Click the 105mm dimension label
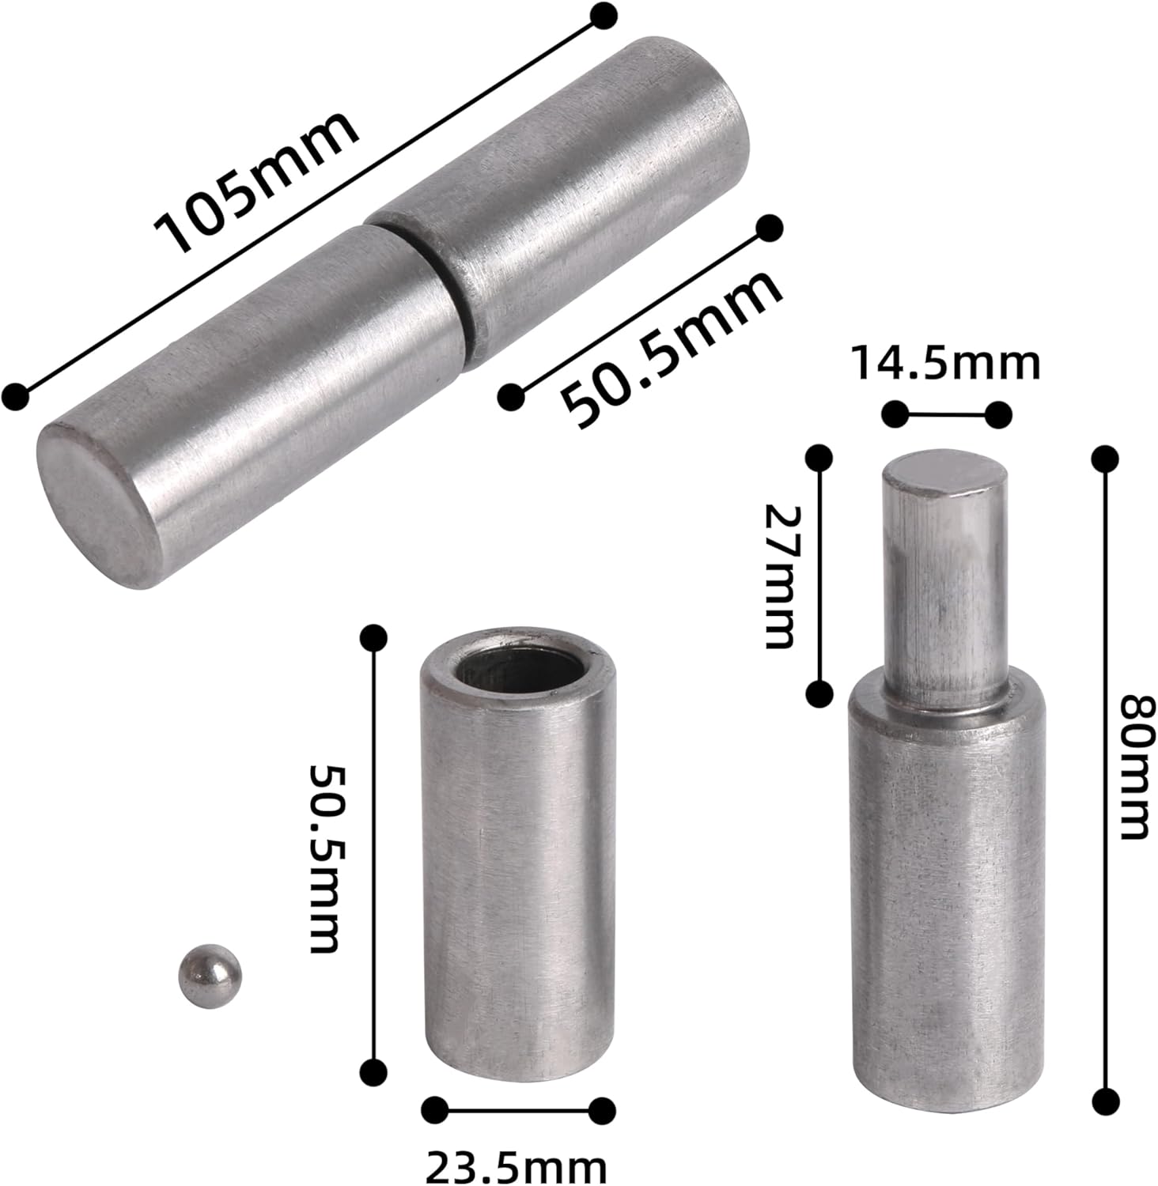(x=257, y=183)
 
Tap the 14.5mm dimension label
(x=946, y=364)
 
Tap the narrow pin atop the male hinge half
(x=945, y=585)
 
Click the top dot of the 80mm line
(x=1105, y=456)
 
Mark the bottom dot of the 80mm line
(x=1105, y=1100)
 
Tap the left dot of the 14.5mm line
(x=895, y=413)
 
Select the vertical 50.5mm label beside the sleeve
(x=323, y=858)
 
